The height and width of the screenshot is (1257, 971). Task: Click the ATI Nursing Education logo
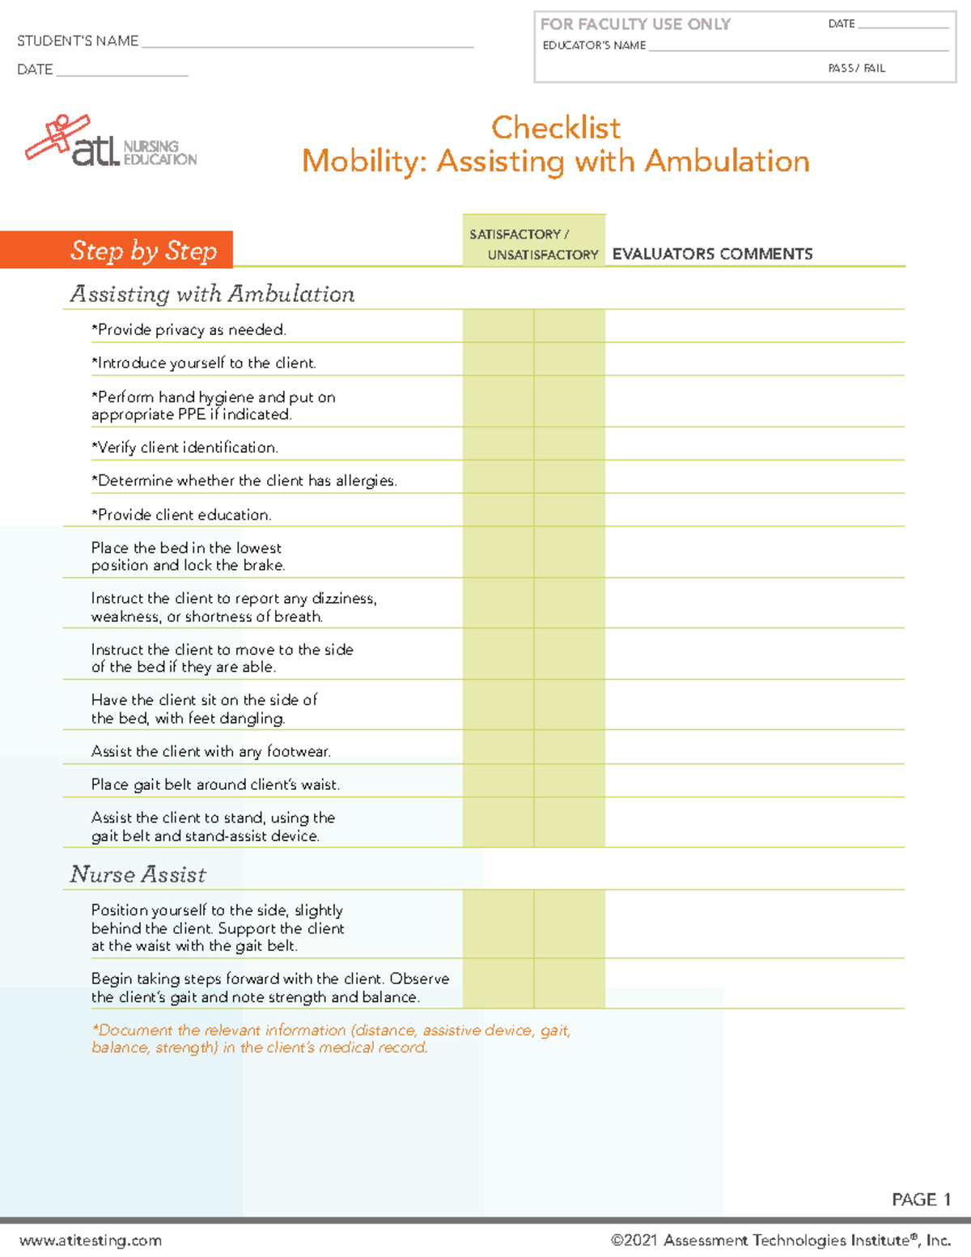[x=111, y=142]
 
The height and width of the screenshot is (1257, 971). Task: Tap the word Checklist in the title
[x=556, y=127]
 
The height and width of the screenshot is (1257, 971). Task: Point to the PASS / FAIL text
[x=856, y=69]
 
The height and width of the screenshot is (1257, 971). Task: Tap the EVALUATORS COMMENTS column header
[x=712, y=254]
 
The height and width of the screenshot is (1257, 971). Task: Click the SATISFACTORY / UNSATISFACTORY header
[x=534, y=244]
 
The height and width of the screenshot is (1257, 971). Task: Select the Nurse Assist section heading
[x=138, y=874]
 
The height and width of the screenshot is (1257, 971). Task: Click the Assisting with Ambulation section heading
[x=212, y=294]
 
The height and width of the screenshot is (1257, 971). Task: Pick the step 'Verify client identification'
[x=184, y=448]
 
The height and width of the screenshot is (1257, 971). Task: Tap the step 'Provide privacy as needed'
[x=189, y=329]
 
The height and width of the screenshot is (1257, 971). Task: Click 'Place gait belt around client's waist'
[x=215, y=784]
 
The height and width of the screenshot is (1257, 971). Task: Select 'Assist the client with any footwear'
[x=210, y=751]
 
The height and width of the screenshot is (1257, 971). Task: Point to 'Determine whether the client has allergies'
[x=244, y=481]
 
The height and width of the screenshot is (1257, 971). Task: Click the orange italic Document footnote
[x=331, y=1038]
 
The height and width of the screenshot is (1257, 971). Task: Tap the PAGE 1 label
[x=921, y=1200]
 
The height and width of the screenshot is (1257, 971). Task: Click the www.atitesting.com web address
[x=91, y=1240]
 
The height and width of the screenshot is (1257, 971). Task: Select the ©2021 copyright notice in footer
[x=780, y=1240]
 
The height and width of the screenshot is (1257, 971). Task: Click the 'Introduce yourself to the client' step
[x=203, y=363]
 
